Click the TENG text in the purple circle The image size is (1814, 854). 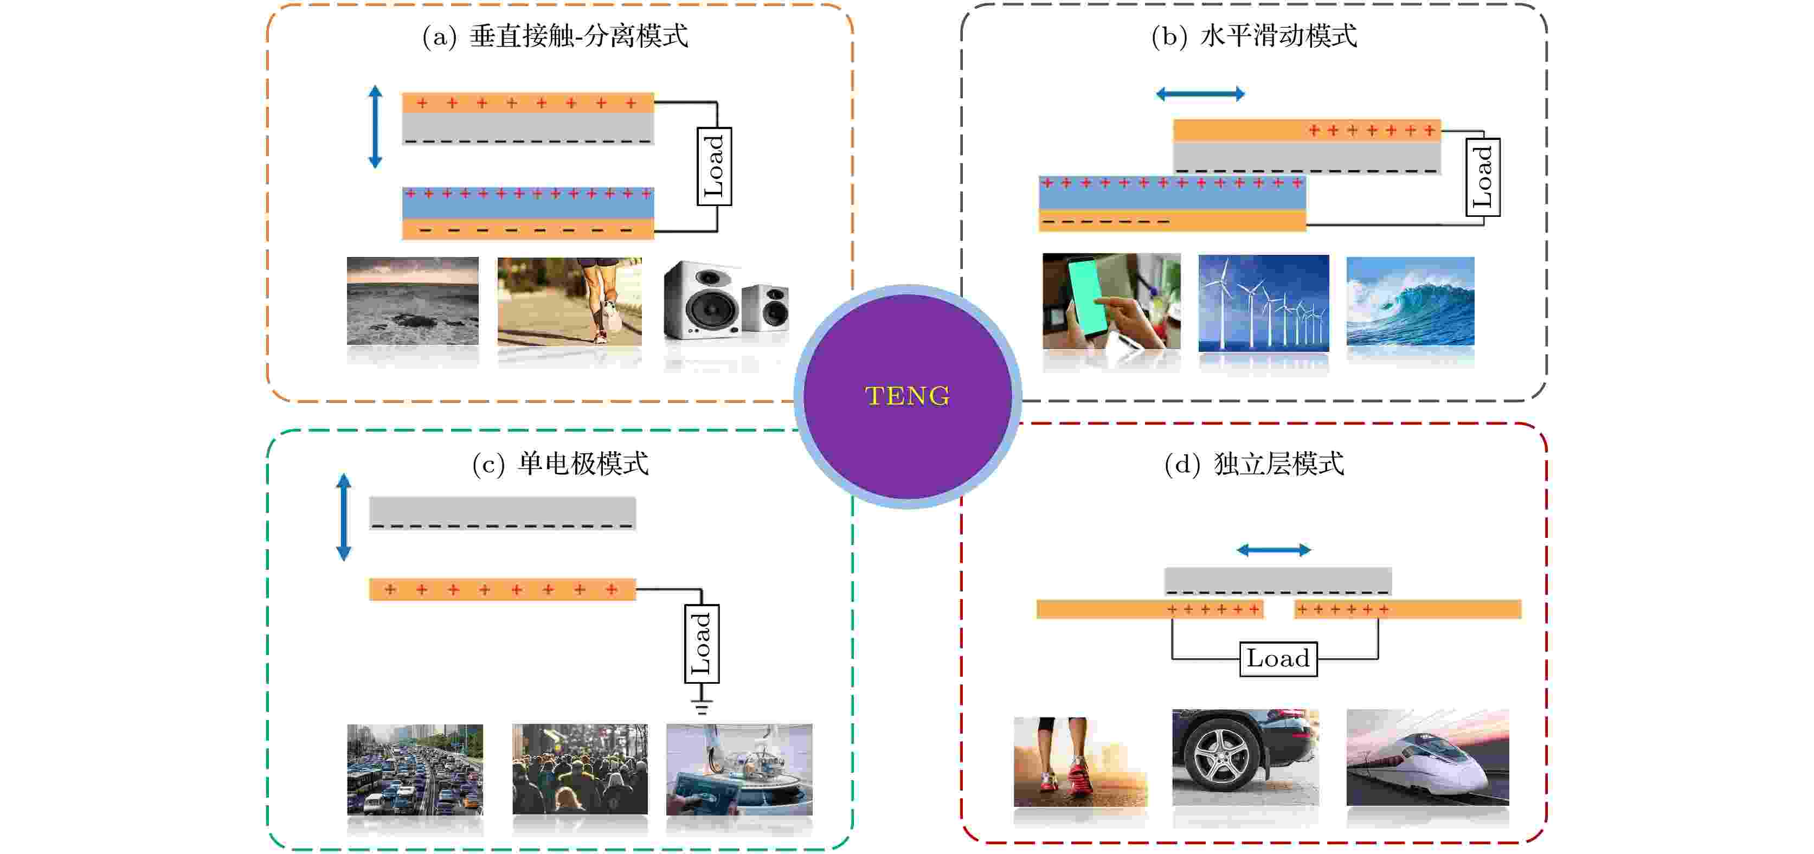point(907,396)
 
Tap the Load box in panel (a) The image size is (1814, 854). point(714,166)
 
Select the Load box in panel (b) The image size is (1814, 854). point(1483,177)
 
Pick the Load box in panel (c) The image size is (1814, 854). point(702,644)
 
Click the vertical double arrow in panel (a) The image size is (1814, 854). point(375,127)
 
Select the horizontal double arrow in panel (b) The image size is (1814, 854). point(1200,94)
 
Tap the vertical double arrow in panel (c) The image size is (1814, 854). point(344,517)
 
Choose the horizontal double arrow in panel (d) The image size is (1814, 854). point(1274,550)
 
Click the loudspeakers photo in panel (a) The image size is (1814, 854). point(726,303)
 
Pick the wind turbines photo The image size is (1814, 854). point(1263,303)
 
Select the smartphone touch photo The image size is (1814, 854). point(1111,301)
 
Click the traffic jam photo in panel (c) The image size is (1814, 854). point(415,769)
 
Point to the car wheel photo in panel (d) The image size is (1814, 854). point(1244,757)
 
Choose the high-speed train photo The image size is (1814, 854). point(1427,757)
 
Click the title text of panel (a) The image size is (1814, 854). point(555,36)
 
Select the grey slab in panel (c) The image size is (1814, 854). point(502,512)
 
